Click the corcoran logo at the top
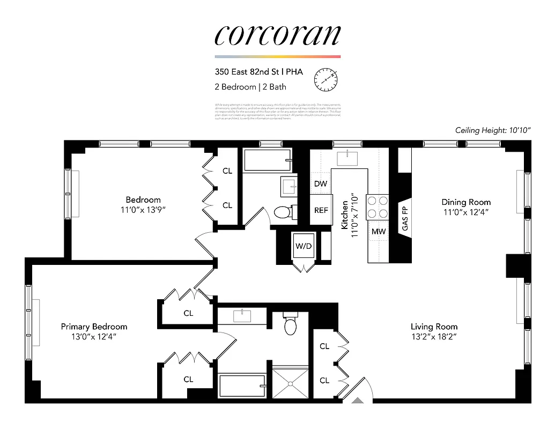pos(277,35)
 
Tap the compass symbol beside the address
pos(326,79)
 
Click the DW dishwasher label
pos(321,184)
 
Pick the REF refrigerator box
pos(321,210)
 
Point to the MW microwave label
pos(378,232)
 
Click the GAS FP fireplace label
pos(405,217)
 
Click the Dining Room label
pos(466,202)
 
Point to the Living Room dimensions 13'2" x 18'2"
pos(434,337)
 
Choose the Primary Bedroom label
pos(94,327)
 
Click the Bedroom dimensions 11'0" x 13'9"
pos(143,210)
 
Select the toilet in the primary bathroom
pos(291,325)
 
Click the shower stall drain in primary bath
pos(291,383)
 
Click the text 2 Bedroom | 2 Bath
pos(250,86)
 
